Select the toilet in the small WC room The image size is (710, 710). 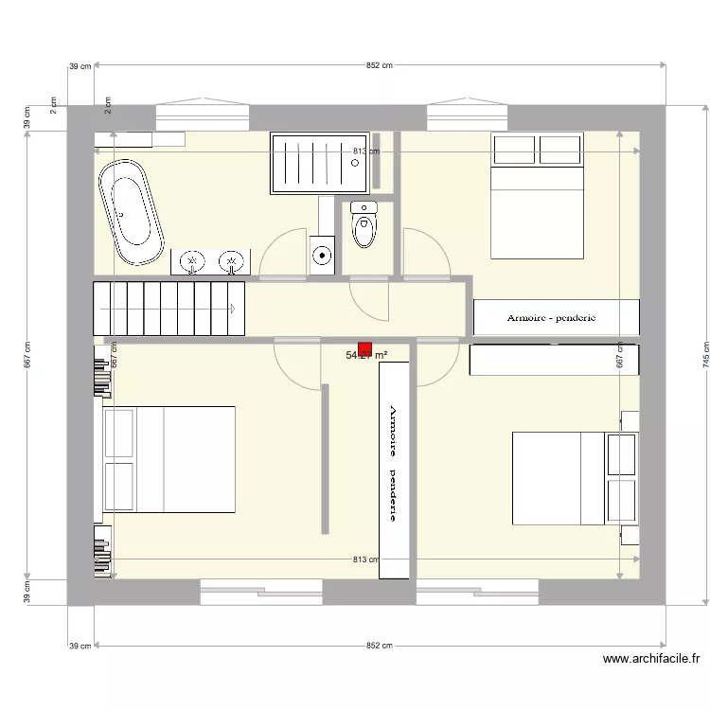(x=363, y=225)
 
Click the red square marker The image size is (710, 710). (x=365, y=348)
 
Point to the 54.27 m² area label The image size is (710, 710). (x=367, y=356)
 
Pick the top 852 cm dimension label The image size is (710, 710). (x=379, y=65)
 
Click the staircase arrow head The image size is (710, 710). (x=233, y=308)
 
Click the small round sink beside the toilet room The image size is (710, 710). (x=323, y=255)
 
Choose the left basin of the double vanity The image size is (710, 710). (x=193, y=260)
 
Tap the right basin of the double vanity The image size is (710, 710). (x=229, y=260)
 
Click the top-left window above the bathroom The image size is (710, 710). (x=203, y=117)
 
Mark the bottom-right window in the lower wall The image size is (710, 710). (x=477, y=594)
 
